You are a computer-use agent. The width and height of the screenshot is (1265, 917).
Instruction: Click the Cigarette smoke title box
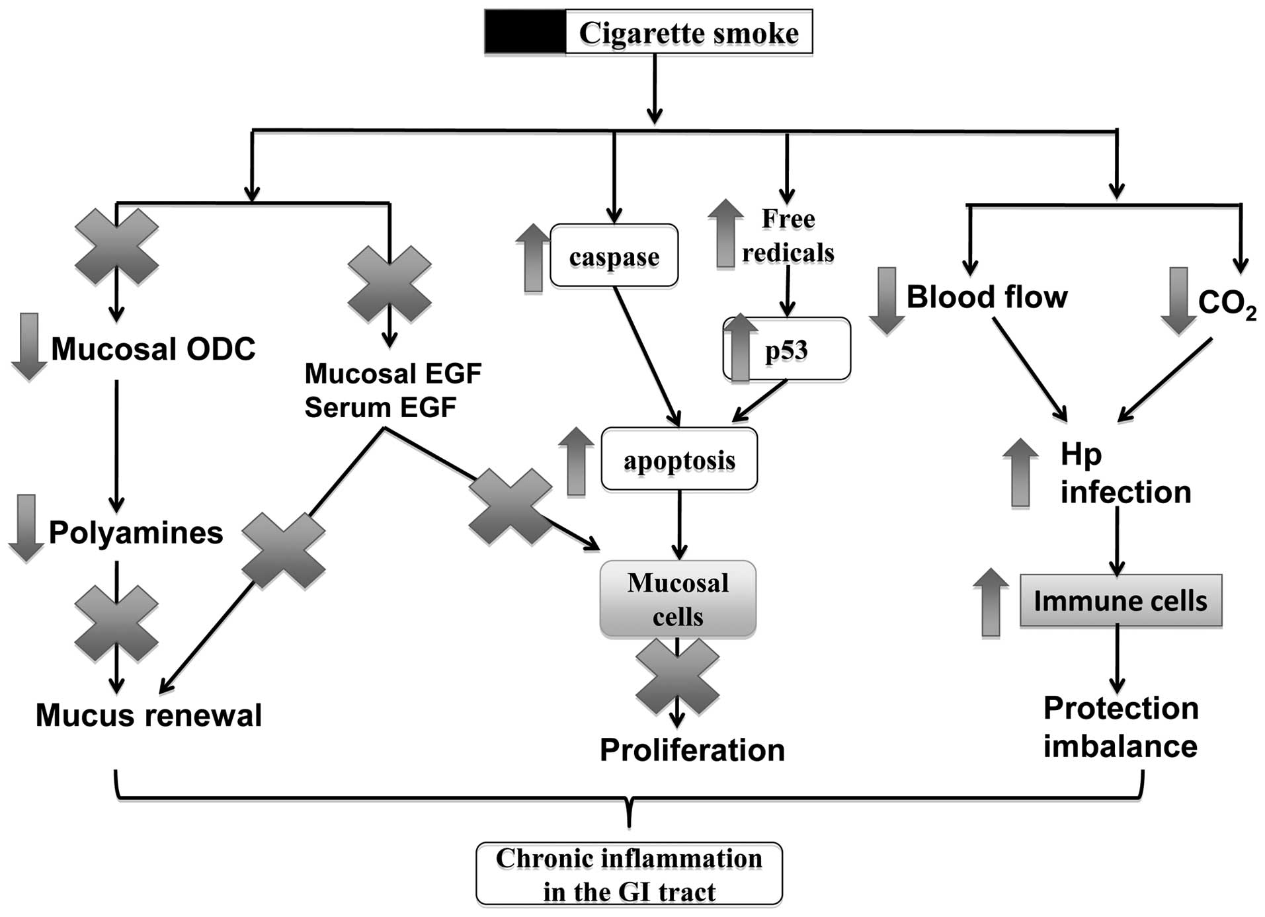click(688, 32)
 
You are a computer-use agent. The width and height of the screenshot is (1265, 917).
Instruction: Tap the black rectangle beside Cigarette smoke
click(525, 32)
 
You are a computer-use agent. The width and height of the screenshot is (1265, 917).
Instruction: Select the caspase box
click(614, 257)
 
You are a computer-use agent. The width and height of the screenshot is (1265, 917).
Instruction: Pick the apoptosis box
click(679, 459)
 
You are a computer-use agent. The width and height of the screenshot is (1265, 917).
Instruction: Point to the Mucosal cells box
click(678, 599)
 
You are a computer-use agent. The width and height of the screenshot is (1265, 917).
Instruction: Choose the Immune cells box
click(1120, 600)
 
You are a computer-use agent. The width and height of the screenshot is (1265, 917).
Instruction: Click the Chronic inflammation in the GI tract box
click(629, 874)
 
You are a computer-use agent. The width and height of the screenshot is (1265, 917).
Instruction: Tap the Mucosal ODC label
click(153, 349)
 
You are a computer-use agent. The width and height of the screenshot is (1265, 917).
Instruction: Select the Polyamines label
click(136, 532)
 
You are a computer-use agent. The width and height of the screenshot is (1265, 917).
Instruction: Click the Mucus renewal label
click(149, 715)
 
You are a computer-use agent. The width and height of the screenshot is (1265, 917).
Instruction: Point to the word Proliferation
click(692, 750)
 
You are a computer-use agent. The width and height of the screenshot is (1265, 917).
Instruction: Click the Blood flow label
click(987, 297)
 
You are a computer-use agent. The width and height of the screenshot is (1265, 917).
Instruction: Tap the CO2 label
click(1227, 303)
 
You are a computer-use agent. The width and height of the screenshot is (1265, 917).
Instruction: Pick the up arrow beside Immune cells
click(991, 602)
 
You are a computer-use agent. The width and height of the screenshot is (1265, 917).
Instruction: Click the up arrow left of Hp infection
click(1020, 472)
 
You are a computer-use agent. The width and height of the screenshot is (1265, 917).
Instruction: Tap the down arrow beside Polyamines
click(26, 528)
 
